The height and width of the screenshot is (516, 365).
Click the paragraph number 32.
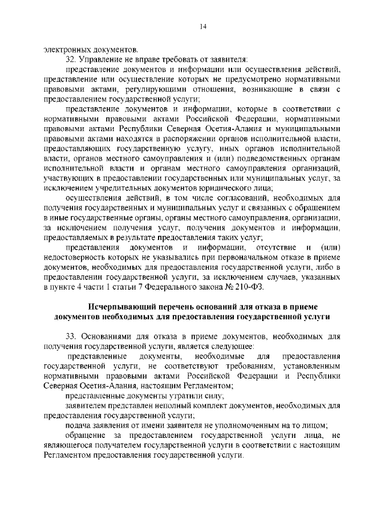[x=71, y=59]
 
